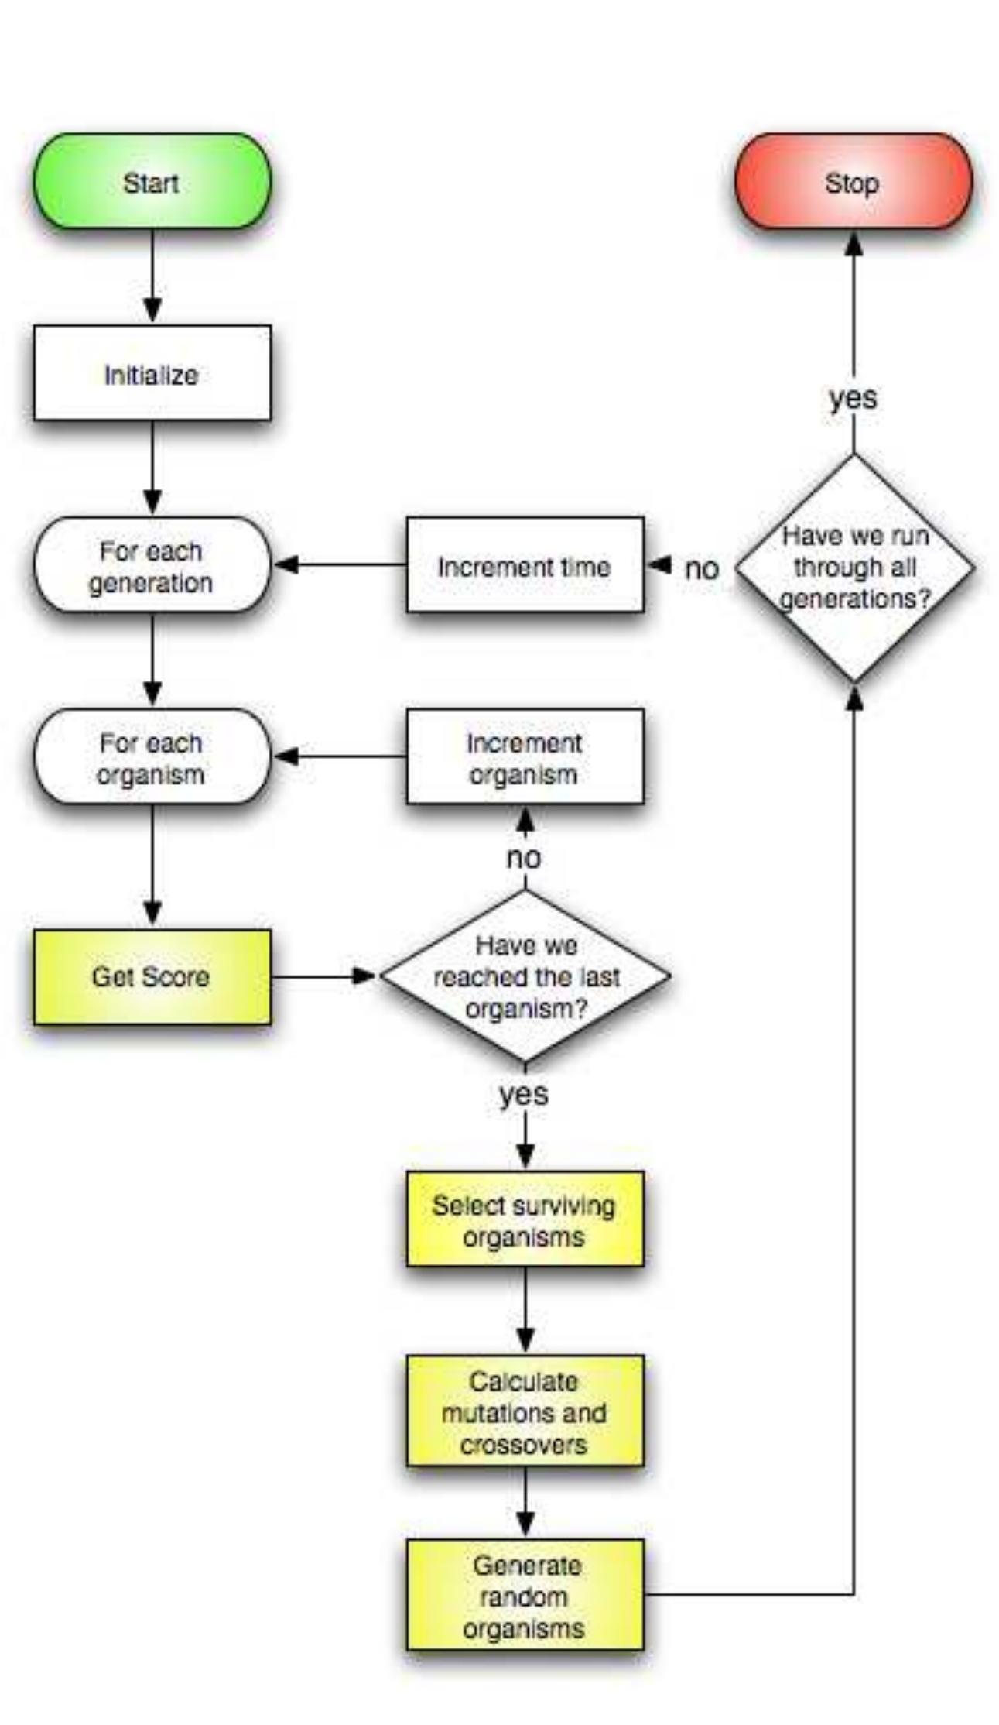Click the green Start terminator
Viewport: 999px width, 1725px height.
coord(152,183)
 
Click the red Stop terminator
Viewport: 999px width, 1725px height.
coord(853,183)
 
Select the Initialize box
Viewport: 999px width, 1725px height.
coord(152,374)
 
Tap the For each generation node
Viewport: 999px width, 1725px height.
coord(152,566)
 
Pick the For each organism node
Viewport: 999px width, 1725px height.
coord(152,757)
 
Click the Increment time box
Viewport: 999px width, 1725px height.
coord(525,566)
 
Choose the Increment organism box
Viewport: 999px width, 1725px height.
coord(525,757)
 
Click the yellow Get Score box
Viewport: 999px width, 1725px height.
coord(152,977)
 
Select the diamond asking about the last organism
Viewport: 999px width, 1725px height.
coord(525,976)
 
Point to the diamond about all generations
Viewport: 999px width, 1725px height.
coord(854,568)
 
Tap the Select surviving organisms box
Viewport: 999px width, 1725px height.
coord(525,1220)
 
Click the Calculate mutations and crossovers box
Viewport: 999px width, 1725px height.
coord(525,1411)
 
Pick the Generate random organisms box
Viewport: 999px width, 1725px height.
coord(525,1596)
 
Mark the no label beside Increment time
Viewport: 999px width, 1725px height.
coord(701,569)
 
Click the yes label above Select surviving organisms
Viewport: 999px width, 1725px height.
coord(524,1094)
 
